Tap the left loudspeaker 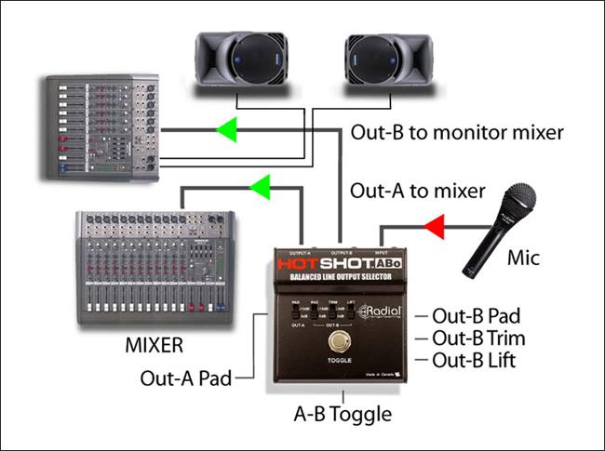click(236, 61)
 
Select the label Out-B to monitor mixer click(457, 132)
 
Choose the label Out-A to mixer click(418, 192)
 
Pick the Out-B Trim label click(479, 338)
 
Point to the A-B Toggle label click(343, 413)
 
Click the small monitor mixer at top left click(101, 127)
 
